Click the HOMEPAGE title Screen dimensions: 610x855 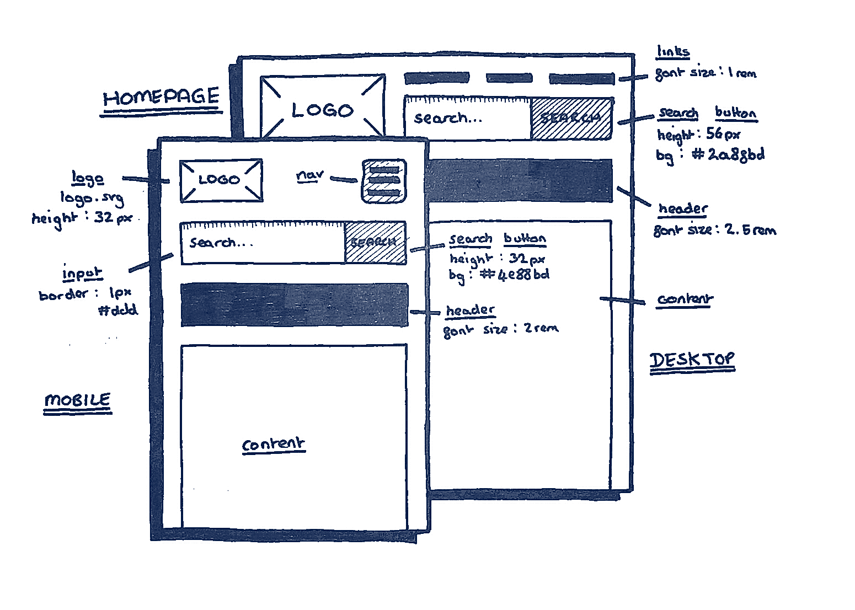coord(161,98)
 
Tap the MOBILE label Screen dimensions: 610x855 coord(78,400)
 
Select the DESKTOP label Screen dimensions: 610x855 coord(692,360)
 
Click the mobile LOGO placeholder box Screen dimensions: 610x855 coord(221,180)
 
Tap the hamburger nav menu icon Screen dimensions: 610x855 coord(384,181)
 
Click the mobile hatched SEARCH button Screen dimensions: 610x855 coord(375,243)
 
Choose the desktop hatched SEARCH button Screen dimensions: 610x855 coord(571,118)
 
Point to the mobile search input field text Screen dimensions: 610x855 coord(221,243)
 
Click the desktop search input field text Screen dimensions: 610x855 coord(448,118)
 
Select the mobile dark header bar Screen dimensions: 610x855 coord(295,305)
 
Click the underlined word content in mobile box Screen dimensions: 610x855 coord(273,445)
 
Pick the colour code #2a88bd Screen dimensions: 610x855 coord(728,155)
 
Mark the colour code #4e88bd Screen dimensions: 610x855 coord(515,274)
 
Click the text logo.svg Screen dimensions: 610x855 coord(92,198)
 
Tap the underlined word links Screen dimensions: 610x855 coord(672,52)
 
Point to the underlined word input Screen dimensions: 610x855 coord(82,274)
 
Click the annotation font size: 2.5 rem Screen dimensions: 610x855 coord(714,230)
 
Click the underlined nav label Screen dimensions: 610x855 coord(309,176)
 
